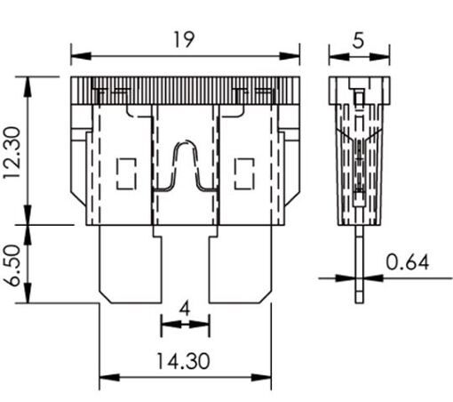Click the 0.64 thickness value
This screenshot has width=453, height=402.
408,262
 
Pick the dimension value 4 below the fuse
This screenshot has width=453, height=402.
185,307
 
